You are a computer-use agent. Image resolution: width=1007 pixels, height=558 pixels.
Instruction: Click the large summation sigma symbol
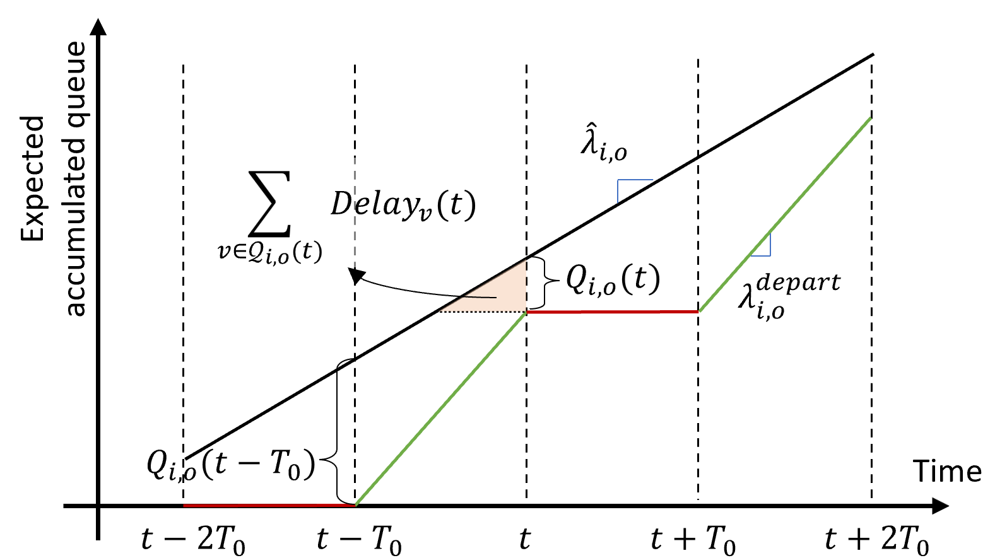coord(270,203)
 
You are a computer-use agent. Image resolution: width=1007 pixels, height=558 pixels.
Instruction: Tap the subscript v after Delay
coord(425,213)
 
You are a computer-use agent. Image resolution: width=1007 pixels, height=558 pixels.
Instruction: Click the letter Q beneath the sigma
coord(256,252)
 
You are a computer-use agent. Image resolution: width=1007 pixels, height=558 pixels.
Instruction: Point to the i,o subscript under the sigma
coord(278,255)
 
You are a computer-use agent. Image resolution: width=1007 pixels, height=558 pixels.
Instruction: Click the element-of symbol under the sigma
coord(239,252)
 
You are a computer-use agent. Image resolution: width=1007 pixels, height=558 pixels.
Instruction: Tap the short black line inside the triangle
coord(480,296)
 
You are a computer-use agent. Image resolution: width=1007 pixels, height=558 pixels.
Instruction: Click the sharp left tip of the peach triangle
coord(440,310)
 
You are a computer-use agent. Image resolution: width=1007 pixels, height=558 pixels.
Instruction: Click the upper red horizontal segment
coord(612,311)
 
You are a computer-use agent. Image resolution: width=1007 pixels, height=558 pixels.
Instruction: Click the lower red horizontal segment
coord(268,505)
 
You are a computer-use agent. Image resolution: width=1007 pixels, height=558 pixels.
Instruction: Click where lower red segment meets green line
coord(356,504)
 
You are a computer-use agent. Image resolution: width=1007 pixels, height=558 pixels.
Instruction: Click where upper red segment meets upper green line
coord(699,311)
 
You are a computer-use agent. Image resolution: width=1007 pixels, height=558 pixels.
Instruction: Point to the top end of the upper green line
coord(870,119)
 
